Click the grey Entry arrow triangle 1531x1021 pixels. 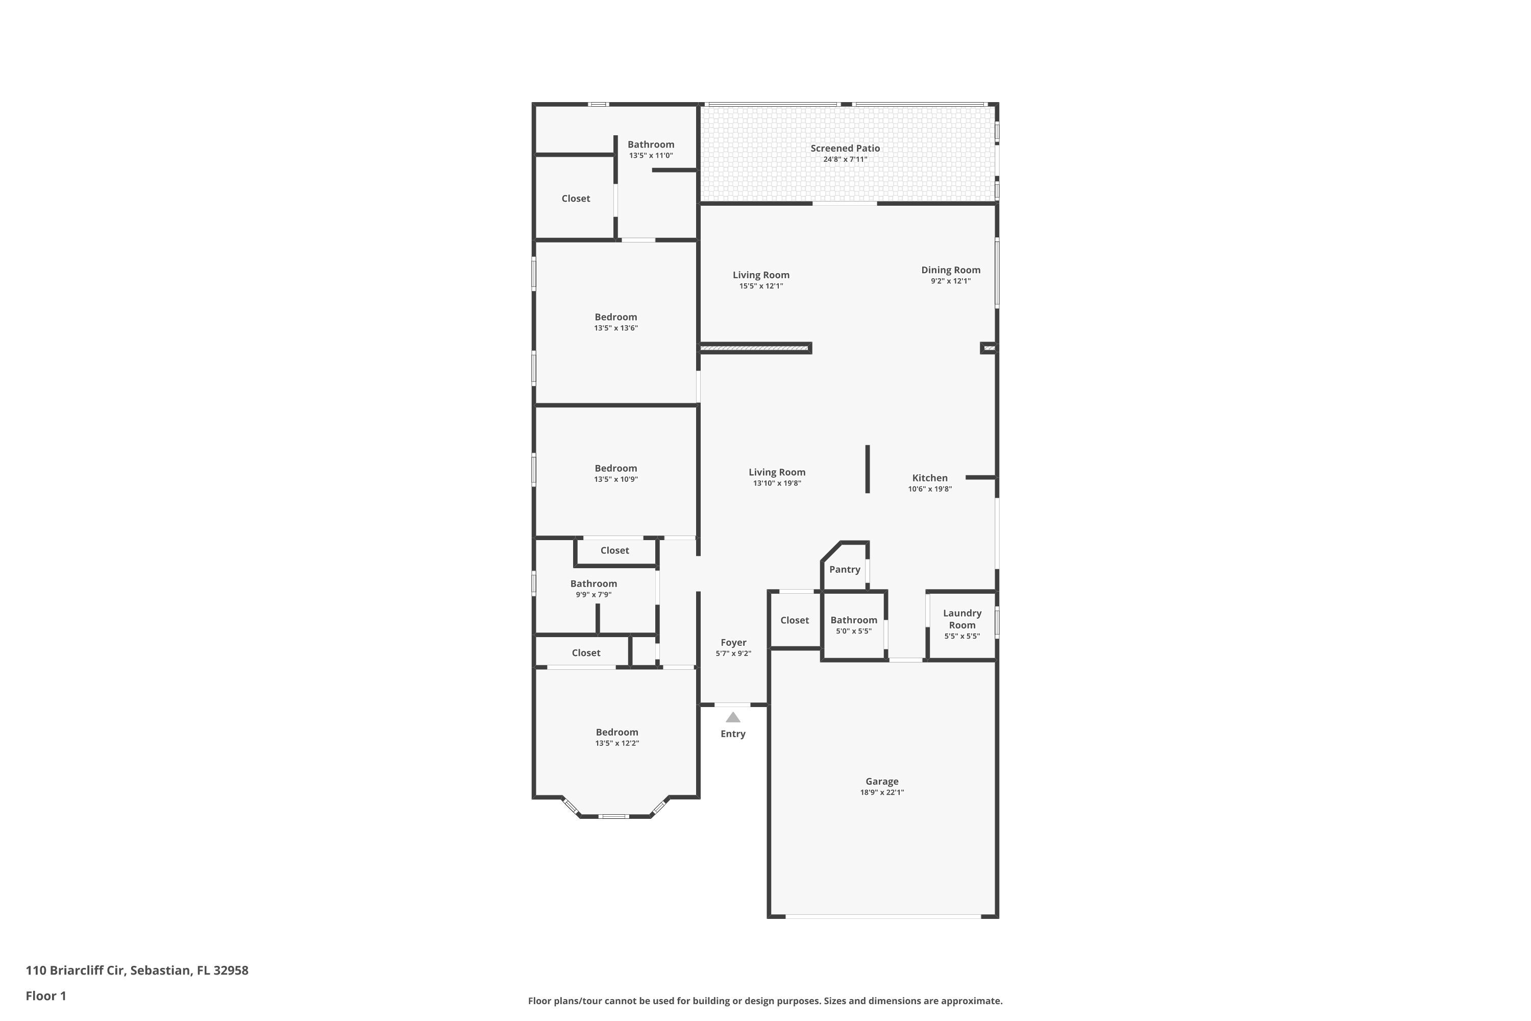pyautogui.click(x=733, y=718)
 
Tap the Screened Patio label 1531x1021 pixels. pyautogui.click(x=845, y=149)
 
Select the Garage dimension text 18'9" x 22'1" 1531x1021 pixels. pyautogui.click(x=882, y=792)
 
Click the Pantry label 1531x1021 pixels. pyautogui.click(x=844, y=569)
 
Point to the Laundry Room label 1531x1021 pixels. pyautogui.click(x=962, y=619)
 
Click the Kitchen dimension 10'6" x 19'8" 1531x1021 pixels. pyautogui.click(x=929, y=489)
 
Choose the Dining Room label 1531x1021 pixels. pyautogui.click(x=950, y=270)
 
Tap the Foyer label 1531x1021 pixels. pyautogui.click(x=733, y=642)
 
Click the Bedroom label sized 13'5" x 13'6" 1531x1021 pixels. pyautogui.click(x=615, y=317)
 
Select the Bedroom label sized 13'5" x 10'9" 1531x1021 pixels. pyautogui.click(x=615, y=468)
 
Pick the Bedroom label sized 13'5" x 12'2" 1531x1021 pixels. pyautogui.click(x=616, y=732)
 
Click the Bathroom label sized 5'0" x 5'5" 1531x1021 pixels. pyautogui.click(x=853, y=620)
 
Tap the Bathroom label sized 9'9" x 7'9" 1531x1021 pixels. pyautogui.click(x=593, y=584)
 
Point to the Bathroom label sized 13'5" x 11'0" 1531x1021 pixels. pyautogui.click(x=650, y=144)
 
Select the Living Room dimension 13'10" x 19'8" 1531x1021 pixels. pyautogui.click(x=777, y=483)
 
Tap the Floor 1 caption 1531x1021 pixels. pyautogui.click(x=45, y=995)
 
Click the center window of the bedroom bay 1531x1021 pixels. pyautogui.click(x=614, y=816)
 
